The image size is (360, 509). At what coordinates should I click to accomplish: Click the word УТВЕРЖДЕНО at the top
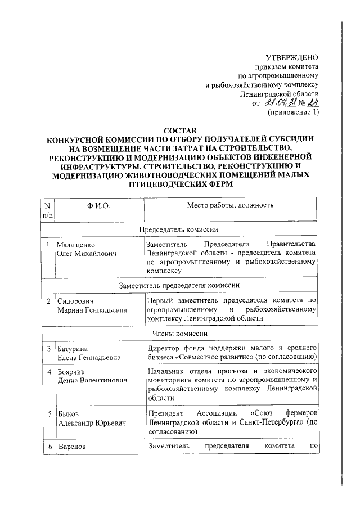click(292, 57)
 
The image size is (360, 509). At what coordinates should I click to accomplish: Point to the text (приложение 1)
click(292, 112)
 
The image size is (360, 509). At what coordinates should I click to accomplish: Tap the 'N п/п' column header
click(48, 210)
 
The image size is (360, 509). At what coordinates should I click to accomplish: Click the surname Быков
click(69, 415)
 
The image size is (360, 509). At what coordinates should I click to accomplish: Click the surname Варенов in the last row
click(72, 447)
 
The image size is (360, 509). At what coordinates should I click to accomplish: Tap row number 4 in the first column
click(49, 372)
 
